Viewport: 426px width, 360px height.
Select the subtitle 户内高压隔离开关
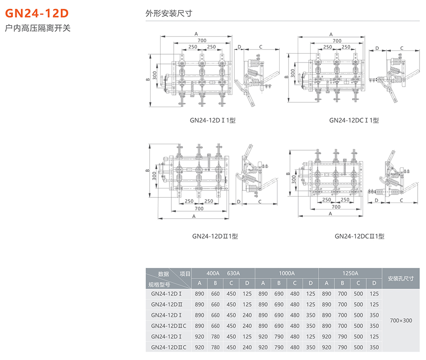(38, 28)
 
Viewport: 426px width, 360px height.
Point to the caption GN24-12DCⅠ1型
(354, 120)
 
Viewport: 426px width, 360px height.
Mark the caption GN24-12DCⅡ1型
(359, 236)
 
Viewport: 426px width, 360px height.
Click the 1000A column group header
(287, 273)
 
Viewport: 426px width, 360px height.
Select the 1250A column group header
(350, 273)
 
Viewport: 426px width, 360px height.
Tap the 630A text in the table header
(233, 273)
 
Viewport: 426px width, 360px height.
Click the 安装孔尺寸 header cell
(401, 278)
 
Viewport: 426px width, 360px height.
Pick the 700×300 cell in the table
(401, 320)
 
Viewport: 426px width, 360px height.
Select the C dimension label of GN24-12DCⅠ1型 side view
(401, 48)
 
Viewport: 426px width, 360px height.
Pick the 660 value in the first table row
(215, 294)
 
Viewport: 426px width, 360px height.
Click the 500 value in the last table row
(358, 347)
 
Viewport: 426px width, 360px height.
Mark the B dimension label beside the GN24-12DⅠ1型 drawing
(148, 80)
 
